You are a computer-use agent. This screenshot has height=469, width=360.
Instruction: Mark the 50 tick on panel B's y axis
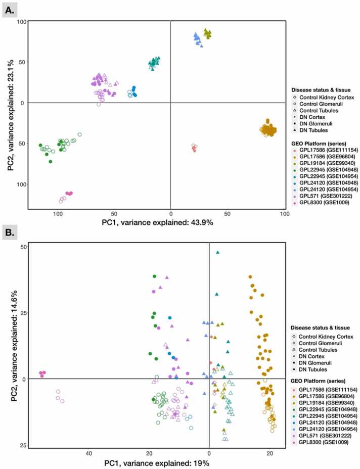pos(23,247)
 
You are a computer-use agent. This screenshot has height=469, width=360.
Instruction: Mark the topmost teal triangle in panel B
pos(217,252)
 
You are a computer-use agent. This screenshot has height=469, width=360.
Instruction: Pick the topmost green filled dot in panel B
pos(155,276)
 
